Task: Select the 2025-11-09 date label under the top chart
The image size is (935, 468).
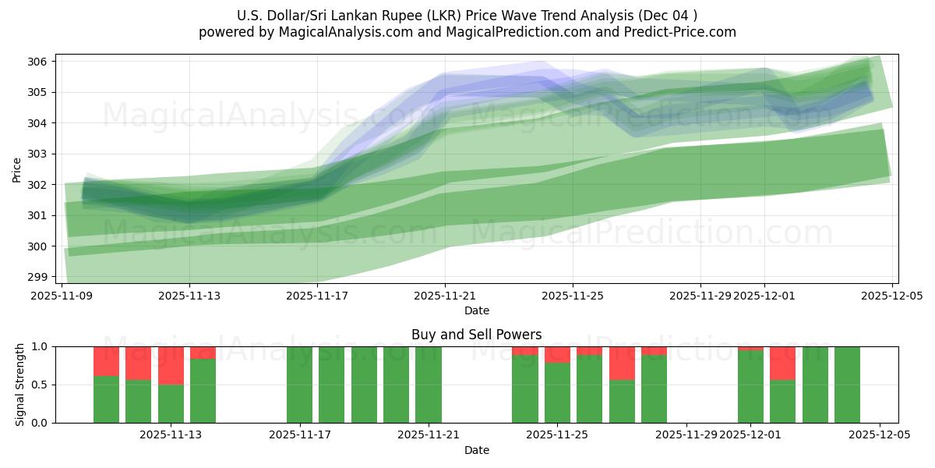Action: pyautogui.click(x=62, y=296)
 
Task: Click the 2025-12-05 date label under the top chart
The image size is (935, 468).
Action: pyautogui.click(x=892, y=296)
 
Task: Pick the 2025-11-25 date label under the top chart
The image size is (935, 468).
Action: pyautogui.click(x=573, y=296)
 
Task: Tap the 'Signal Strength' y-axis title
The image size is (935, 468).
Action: pyautogui.click(x=20, y=385)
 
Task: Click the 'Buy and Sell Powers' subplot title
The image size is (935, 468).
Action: pyautogui.click(x=476, y=335)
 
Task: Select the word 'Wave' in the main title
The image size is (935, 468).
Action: pyautogui.click(x=494, y=16)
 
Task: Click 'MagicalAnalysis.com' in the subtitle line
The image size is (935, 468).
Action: pyautogui.click(x=345, y=32)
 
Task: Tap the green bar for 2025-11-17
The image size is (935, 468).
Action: pyautogui.click(x=299, y=385)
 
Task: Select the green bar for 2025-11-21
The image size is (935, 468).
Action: pyautogui.click(x=429, y=385)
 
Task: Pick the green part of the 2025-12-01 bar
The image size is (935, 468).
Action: pyautogui.click(x=750, y=387)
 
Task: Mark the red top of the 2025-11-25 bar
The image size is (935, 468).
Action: pyautogui.click(x=557, y=354)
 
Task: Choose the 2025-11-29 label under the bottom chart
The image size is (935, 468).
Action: pyautogui.click(x=686, y=435)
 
